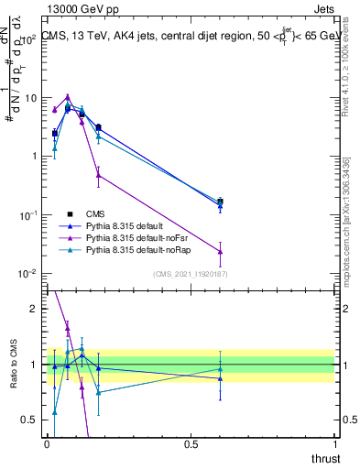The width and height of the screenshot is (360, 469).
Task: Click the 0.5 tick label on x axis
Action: tap(191, 444)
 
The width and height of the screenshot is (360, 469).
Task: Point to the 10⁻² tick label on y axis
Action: tap(29, 274)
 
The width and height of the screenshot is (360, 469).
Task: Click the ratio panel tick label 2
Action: tap(35, 309)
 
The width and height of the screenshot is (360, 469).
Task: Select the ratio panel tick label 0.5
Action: tap(31, 420)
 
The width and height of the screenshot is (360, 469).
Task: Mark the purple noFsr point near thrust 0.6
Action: tap(220, 252)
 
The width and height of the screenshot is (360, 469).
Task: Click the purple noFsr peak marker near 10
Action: tap(68, 96)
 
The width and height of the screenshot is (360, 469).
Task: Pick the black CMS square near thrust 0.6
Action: tap(220, 202)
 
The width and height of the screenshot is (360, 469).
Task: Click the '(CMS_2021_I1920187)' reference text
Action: tap(190, 274)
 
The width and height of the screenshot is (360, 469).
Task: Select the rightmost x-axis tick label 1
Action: tap(334, 444)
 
